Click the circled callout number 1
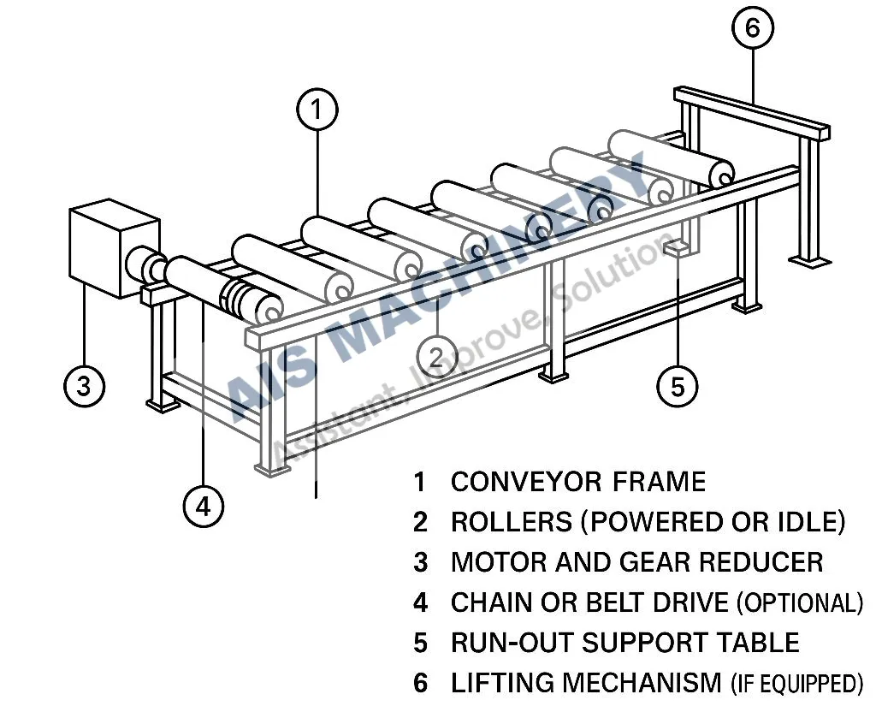click(x=317, y=110)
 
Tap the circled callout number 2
click(x=437, y=357)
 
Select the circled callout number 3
click(x=84, y=385)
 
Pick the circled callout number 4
click(x=203, y=507)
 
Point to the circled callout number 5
click(x=677, y=387)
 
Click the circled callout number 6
click(x=752, y=28)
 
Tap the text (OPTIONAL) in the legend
click(x=799, y=603)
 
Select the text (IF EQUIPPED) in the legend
click(x=796, y=684)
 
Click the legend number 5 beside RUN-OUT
click(x=420, y=643)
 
